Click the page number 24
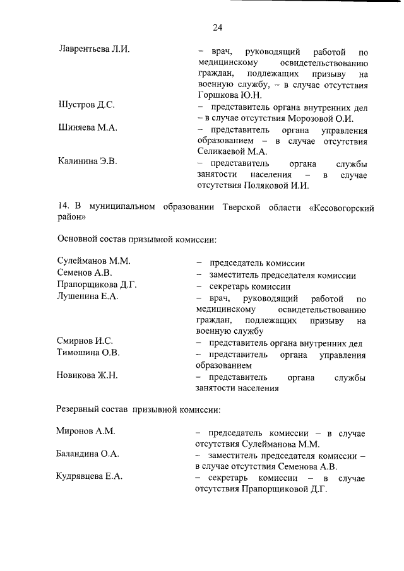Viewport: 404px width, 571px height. point(217,26)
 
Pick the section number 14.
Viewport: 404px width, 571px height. point(62,206)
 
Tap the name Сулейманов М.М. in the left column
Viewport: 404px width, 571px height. point(93,262)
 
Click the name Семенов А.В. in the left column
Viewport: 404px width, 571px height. point(84,273)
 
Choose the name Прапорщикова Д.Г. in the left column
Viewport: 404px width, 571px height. point(97,285)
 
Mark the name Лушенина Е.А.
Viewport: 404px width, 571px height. point(88,296)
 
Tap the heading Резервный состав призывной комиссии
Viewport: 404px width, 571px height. point(139,409)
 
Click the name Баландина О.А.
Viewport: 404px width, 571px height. point(88,454)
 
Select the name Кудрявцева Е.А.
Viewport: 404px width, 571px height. point(90,477)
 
